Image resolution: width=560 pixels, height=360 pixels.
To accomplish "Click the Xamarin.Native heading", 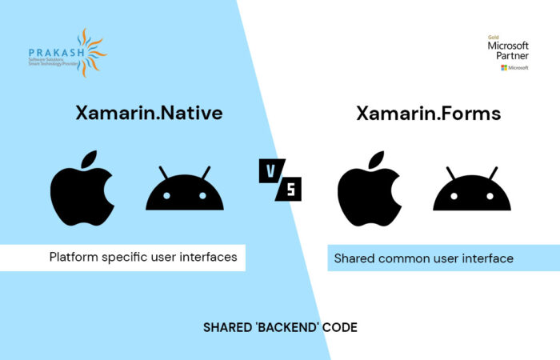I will pos(149,114).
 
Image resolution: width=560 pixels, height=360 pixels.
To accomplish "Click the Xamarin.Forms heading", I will pos(428,114).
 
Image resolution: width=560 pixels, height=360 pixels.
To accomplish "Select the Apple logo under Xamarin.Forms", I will pos(369,190).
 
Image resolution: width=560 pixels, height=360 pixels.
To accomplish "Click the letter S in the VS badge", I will pos(291,190).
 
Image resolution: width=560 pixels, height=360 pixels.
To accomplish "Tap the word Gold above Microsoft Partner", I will pos(494,37).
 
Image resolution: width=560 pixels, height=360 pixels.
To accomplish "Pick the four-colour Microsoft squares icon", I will pos(503,68).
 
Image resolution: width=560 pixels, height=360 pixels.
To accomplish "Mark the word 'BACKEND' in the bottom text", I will pos(281,328).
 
